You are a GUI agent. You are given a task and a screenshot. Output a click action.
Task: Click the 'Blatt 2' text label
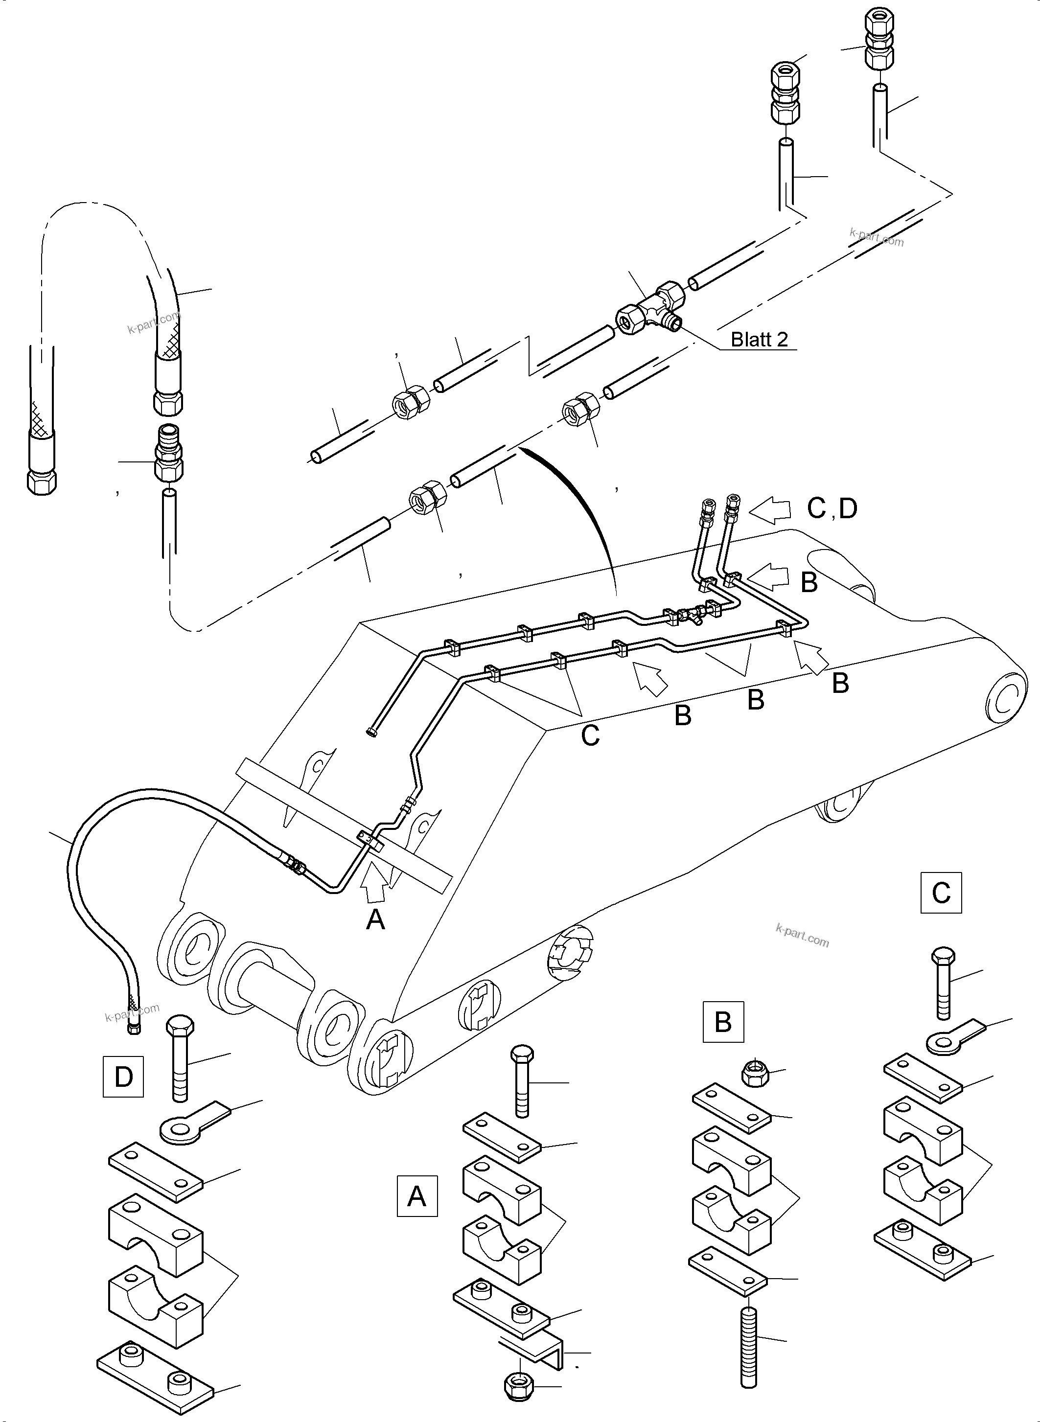(x=759, y=339)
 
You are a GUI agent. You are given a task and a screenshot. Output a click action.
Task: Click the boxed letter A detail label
(x=417, y=1196)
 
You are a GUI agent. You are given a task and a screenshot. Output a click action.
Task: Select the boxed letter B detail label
(x=723, y=1022)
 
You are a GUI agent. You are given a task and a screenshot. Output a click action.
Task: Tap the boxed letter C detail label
(x=941, y=892)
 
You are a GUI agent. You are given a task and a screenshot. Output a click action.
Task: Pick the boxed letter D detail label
(x=123, y=1077)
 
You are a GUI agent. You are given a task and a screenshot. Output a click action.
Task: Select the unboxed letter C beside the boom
(x=590, y=735)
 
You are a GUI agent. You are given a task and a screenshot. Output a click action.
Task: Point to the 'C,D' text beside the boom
(x=832, y=508)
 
